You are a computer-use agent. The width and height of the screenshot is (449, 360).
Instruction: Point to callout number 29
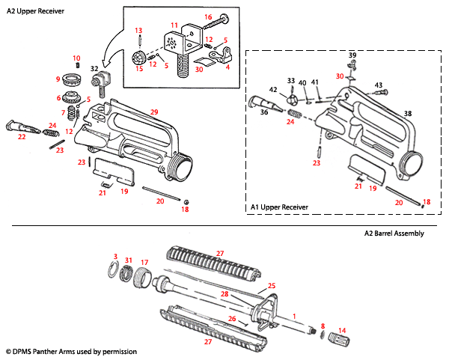point(154,112)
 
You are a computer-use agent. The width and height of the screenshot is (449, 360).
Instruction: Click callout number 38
point(408,114)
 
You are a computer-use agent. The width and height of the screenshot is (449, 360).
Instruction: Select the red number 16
point(208,16)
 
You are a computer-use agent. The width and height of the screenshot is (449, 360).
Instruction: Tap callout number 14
point(343,330)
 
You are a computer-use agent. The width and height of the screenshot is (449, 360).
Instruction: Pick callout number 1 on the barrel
point(294,316)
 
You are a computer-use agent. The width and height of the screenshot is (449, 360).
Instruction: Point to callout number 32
point(95,68)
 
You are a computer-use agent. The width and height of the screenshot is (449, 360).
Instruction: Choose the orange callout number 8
point(323,326)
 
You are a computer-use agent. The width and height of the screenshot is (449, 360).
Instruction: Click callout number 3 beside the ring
point(115,257)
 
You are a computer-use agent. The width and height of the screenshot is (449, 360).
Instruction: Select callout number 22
point(21,136)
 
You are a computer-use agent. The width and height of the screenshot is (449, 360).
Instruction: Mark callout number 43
point(379,85)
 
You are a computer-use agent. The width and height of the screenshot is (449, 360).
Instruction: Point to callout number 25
point(272,286)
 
